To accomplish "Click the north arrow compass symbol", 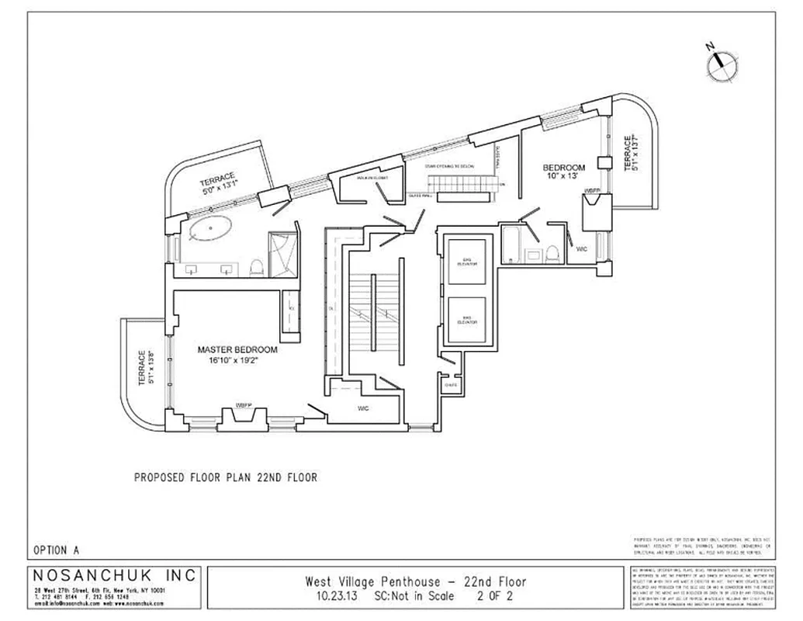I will (721, 64).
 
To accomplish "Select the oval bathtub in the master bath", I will (212, 231).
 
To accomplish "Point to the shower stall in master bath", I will (282, 250).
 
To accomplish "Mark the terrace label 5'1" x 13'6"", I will (144, 368).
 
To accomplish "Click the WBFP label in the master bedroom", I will (244, 405).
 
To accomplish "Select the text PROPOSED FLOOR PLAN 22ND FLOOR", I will (226, 477).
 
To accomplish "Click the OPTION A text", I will (57, 550).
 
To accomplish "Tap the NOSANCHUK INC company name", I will (115, 576).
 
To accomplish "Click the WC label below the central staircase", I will (364, 408).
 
